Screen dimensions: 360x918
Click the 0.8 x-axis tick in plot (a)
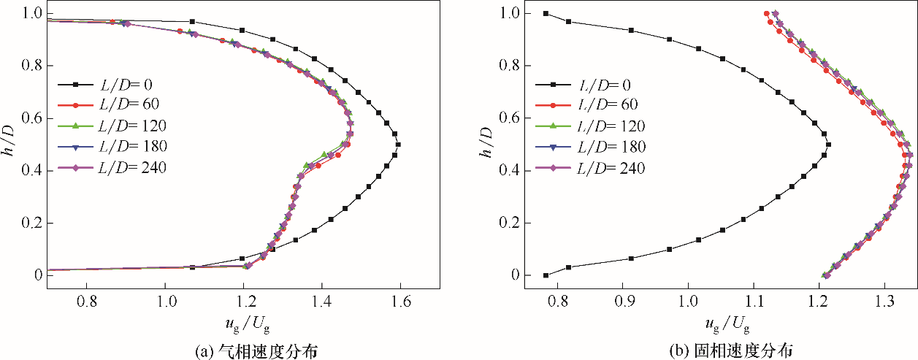(x=88, y=300)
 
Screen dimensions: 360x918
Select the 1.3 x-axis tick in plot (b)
(x=884, y=300)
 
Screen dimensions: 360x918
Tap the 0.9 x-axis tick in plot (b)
(x=623, y=300)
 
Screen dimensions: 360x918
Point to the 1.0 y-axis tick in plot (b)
(x=511, y=13)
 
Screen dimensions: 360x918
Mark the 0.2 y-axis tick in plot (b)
(x=511, y=223)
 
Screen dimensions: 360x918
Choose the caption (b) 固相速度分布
(x=723, y=350)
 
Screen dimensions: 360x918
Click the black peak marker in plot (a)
(x=398, y=145)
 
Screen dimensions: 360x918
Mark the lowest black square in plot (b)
(x=546, y=275)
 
